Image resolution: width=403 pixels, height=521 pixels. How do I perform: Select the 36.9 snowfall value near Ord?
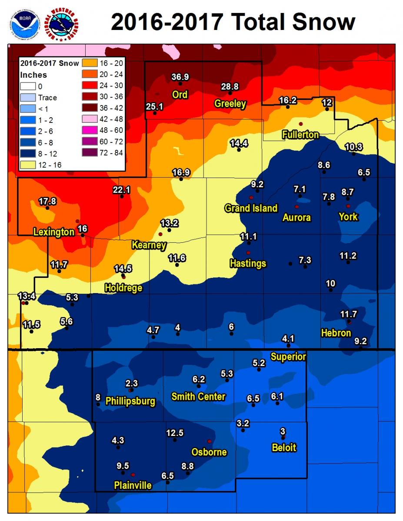click(180, 77)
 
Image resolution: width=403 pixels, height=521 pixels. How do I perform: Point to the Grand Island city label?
click(251, 208)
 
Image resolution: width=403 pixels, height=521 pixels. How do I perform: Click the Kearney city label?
click(149, 245)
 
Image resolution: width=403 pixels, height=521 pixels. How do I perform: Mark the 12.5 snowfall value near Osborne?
click(175, 433)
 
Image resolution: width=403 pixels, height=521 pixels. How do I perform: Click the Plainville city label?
click(133, 485)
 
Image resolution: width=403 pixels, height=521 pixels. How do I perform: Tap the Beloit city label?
click(284, 448)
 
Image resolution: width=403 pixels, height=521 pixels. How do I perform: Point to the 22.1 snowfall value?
click(121, 190)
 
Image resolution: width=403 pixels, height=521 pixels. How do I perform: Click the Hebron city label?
click(336, 333)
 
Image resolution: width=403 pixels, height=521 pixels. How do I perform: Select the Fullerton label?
click(300, 135)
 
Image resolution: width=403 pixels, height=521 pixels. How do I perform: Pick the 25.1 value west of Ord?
click(154, 106)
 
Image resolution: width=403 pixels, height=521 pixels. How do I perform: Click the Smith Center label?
click(198, 396)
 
